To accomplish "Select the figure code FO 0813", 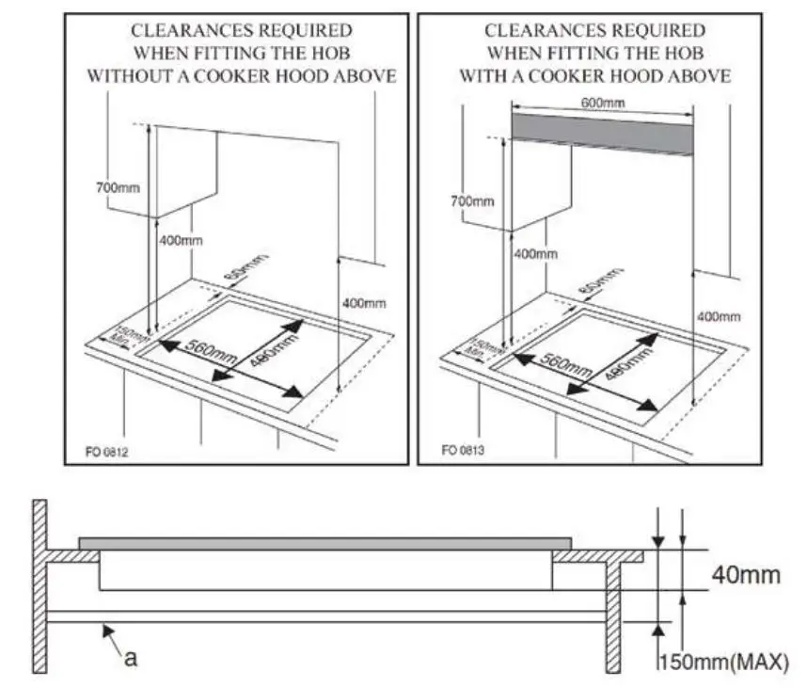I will (x=463, y=450).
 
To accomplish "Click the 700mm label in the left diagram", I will (x=117, y=187).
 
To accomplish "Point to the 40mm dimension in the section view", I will (x=745, y=574).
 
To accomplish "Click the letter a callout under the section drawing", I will (x=131, y=658).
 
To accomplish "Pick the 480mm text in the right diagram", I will (x=627, y=361).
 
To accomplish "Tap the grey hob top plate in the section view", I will (x=324, y=543).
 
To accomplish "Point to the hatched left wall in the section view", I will (x=40, y=584).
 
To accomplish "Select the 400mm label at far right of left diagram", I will (x=364, y=303).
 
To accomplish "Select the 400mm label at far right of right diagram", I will (x=718, y=316).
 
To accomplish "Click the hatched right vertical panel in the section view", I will (x=612, y=612).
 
